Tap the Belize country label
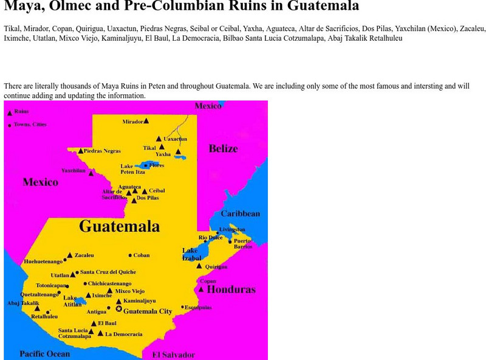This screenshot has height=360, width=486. click(x=223, y=149)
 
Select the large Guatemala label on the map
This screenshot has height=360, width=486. click(x=120, y=227)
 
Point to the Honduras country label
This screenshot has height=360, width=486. click(x=231, y=290)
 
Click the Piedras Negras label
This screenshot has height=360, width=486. click(x=101, y=151)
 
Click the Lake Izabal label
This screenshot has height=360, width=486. click(x=191, y=254)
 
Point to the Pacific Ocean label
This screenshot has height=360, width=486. click(x=44, y=354)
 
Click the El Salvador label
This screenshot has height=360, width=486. click(x=173, y=355)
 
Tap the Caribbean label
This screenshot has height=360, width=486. click(x=240, y=213)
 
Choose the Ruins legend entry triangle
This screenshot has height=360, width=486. click(x=9, y=112)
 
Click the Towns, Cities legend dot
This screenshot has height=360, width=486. click(x=10, y=125)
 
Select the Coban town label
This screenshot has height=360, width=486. click(x=142, y=255)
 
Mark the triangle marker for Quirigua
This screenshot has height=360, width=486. click(x=199, y=266)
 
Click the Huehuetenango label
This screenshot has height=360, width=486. click(x=43, y=261)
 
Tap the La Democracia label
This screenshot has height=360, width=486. click(x=124, y=334)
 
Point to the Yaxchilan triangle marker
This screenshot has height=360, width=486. click(x=91, y=173)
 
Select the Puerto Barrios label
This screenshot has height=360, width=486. click(x=242, y=244)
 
